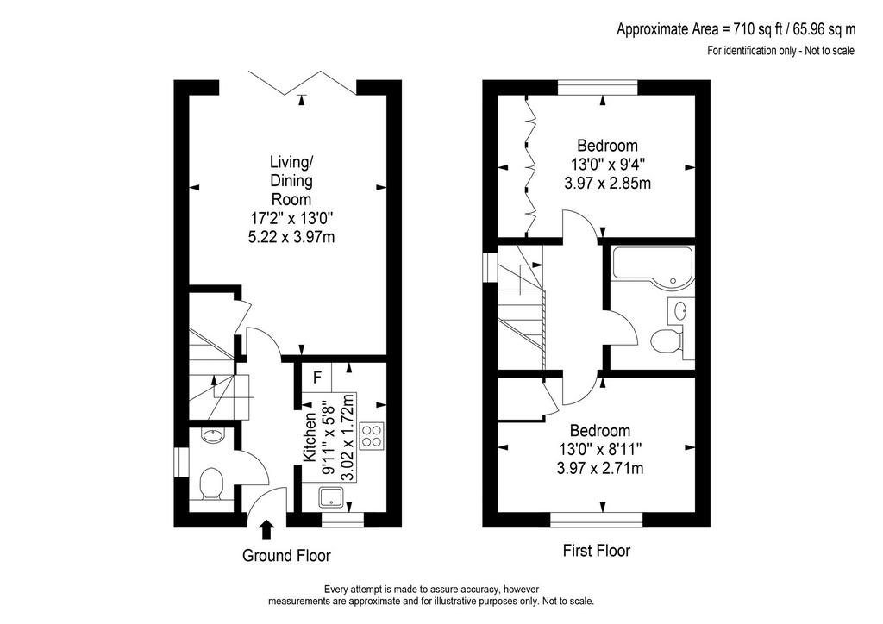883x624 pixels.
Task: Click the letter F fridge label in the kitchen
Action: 317,378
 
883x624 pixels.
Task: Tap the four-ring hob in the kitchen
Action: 372,435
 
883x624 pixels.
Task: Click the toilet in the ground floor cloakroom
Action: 212,484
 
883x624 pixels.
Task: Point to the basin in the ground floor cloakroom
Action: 214,435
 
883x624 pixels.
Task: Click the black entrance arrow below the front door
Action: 266,529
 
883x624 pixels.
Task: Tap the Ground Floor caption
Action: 286,556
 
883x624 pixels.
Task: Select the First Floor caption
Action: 597,550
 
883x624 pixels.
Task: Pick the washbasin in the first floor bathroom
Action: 680,310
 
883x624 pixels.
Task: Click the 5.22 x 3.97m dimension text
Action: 291,237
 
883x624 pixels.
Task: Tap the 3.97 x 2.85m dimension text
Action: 607,184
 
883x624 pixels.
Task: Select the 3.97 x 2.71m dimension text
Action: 600,468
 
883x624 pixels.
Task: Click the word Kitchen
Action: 310,437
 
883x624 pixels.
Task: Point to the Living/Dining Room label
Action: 291,181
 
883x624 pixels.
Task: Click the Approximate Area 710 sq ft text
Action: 736,29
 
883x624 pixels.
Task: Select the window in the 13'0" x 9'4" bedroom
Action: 598,87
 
